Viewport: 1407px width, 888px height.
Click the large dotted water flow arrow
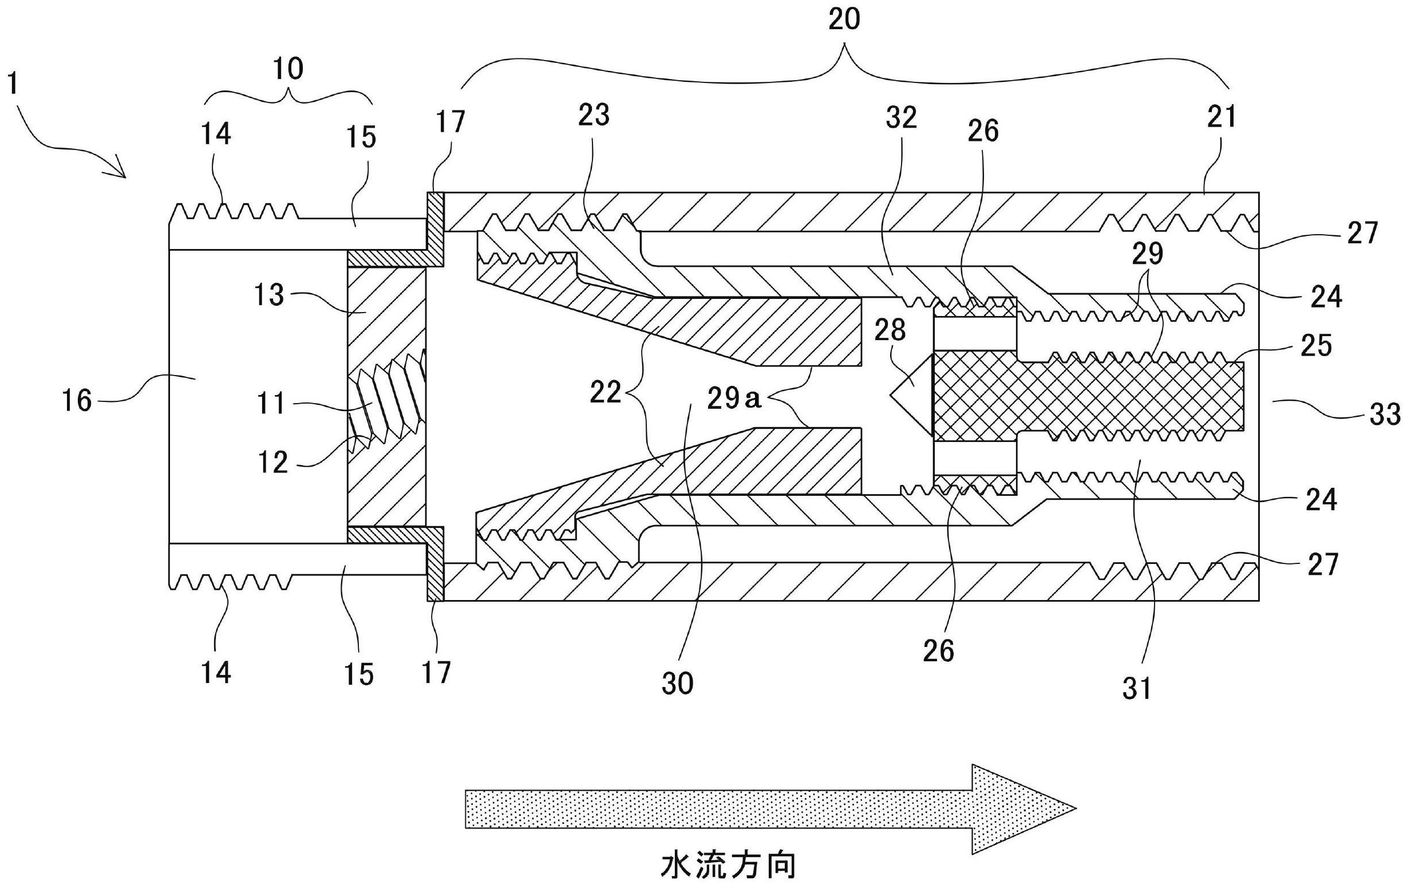pyautogui.click(x=770, y=810)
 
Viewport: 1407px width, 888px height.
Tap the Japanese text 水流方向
pyautogui.click(x=729, y=865)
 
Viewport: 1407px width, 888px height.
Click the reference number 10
pyautogui.click(x=288, y=69)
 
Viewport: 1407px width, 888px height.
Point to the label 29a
pyautogui.click(x=734, y=398)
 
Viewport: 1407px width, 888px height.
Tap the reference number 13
pyautogui.click(x=270, y=295)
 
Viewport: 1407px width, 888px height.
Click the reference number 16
pyautogui.click(x=77, y=401)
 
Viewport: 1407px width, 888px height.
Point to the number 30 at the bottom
pyautogui.click(x=677, y=683)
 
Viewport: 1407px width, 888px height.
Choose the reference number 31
pyautogui.click(x=1136, y=689)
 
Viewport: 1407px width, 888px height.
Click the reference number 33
pyautogui.click(x=1384, y=414)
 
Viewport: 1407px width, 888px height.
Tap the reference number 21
pyautogui.click(x=1222, y=116)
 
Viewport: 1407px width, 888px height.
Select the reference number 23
pyautogui.click(x=594, y=115)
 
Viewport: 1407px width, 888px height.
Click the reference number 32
pyautogui.click(x=901, y=117)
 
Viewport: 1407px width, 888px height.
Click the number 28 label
pyautogui.click(x=890, y=330)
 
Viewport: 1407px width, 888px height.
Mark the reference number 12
pyautogui.click(x=273, y=463)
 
